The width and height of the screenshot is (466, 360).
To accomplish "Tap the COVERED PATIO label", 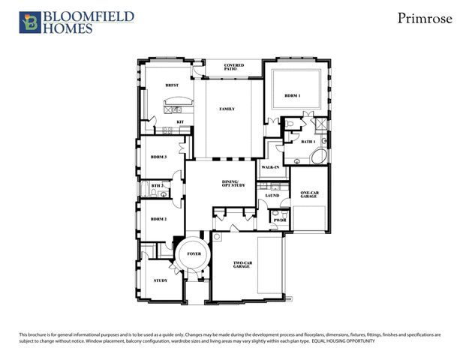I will (x=233, y=67).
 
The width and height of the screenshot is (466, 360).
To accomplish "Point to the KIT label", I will (x=180, y=121).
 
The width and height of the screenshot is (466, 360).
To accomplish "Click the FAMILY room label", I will (x=227, y=109).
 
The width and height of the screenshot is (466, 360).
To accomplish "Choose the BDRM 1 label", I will (x=293, y=97).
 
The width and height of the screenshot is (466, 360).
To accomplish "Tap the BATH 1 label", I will (x=308, y=141).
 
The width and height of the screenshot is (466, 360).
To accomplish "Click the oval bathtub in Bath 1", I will (x=318, y=158).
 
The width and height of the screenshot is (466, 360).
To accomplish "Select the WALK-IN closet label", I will (x=270, y=166).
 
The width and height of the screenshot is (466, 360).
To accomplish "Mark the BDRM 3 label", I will (x=158, y=157).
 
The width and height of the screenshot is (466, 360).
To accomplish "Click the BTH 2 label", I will (x=157, y=185).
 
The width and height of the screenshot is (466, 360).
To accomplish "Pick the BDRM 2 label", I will (x=158, y=219).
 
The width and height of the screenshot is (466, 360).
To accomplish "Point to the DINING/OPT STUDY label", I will (x=231, y=185).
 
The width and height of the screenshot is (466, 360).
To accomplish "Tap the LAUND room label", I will (x=272, y=196).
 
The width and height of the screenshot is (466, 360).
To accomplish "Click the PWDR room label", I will (x=278, y=220).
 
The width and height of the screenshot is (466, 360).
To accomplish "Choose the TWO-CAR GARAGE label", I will (x=242, y=264).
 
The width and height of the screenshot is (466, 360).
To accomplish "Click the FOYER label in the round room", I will (x=194, y=254).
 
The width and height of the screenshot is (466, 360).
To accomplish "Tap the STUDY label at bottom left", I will (x=160, y=280).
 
